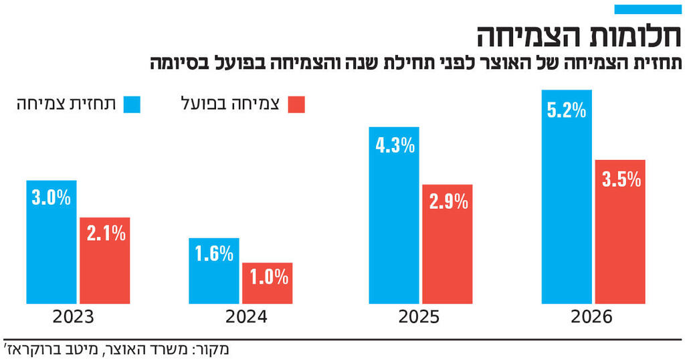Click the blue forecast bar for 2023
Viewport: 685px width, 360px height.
(x=52, y=242)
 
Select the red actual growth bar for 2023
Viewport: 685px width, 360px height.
(x=104, y=261)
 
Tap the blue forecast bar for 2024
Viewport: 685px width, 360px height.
(x=213, y=271)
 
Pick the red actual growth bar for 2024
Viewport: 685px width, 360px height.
(x=267, y=283)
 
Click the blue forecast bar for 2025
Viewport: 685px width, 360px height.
(x=394, y=215)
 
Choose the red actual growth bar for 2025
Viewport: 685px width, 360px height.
(x=447, y=244)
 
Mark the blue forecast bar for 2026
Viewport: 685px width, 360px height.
(x=567, y=197)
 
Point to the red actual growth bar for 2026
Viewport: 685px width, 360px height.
(x=620, y=232)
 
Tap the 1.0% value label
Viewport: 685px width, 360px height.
(x=268, y=276)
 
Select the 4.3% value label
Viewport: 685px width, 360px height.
(x=395, y=146)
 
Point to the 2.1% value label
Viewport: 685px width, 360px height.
(x=105, y=233)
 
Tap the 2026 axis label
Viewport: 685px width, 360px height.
(x=591, y=318)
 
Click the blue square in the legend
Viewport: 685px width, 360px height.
(x=133, y=104)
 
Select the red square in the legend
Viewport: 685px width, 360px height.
(x=296, y=104)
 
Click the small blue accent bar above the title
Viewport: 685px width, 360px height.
(x=647, y=9)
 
